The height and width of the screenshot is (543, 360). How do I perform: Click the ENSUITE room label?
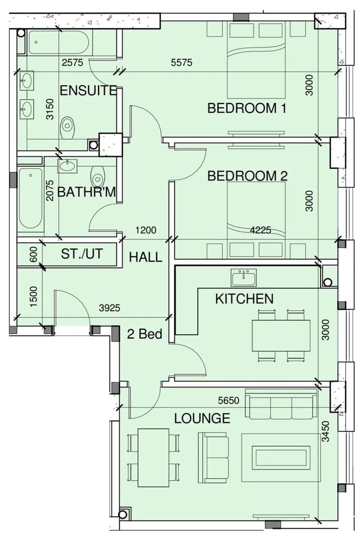click(88, 91)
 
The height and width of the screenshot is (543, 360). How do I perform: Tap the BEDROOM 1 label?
click(247, 108)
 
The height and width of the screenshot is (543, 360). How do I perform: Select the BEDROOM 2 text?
click(247, 176)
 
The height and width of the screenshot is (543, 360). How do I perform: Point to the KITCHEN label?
click(244, 299)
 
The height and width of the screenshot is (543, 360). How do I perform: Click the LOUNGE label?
click(202, 418)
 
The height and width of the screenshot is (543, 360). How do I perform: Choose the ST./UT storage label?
click(82, 254)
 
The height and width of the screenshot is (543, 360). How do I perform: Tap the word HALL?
click(145, 257)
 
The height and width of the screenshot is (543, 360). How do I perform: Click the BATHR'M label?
click(87, 193)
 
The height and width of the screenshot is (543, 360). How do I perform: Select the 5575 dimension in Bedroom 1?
click(181, 62)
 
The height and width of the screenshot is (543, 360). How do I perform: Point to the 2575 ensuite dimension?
click(73, 62)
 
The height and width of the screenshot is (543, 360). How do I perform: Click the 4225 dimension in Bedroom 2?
click(260, 230)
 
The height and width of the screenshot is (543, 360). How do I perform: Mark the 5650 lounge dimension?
click(229, 400)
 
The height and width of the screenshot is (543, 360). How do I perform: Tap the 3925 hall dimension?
click(109, 308)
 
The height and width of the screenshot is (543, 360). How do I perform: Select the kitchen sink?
click(243, 277)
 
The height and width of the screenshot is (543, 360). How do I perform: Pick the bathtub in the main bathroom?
click(31, 199)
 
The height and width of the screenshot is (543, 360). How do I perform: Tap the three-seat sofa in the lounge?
click(281, 404)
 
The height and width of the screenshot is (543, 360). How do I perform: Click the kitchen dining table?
click(281, 336)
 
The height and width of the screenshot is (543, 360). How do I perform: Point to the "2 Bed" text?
click(145, 334)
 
